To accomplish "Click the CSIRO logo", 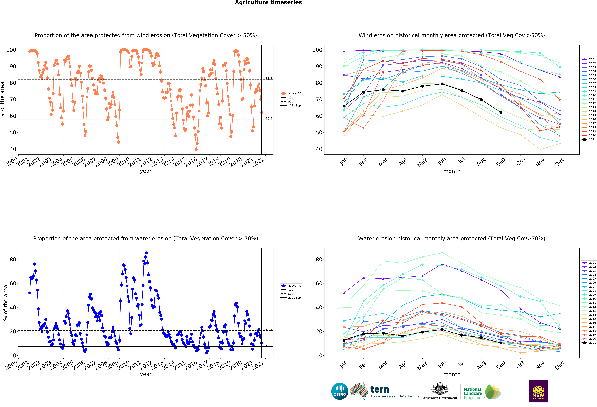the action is (x=340, y=391).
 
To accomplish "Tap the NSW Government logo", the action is (x=538, y=391).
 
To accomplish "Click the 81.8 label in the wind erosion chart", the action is (x=269, y=79).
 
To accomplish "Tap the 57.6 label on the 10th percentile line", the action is (x=269, y=119).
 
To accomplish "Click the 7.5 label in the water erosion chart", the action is (x=268, y=345).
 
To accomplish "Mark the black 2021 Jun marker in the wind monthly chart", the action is (x=442, y=84).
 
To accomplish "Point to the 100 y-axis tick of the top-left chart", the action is (x=11, y=50).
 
